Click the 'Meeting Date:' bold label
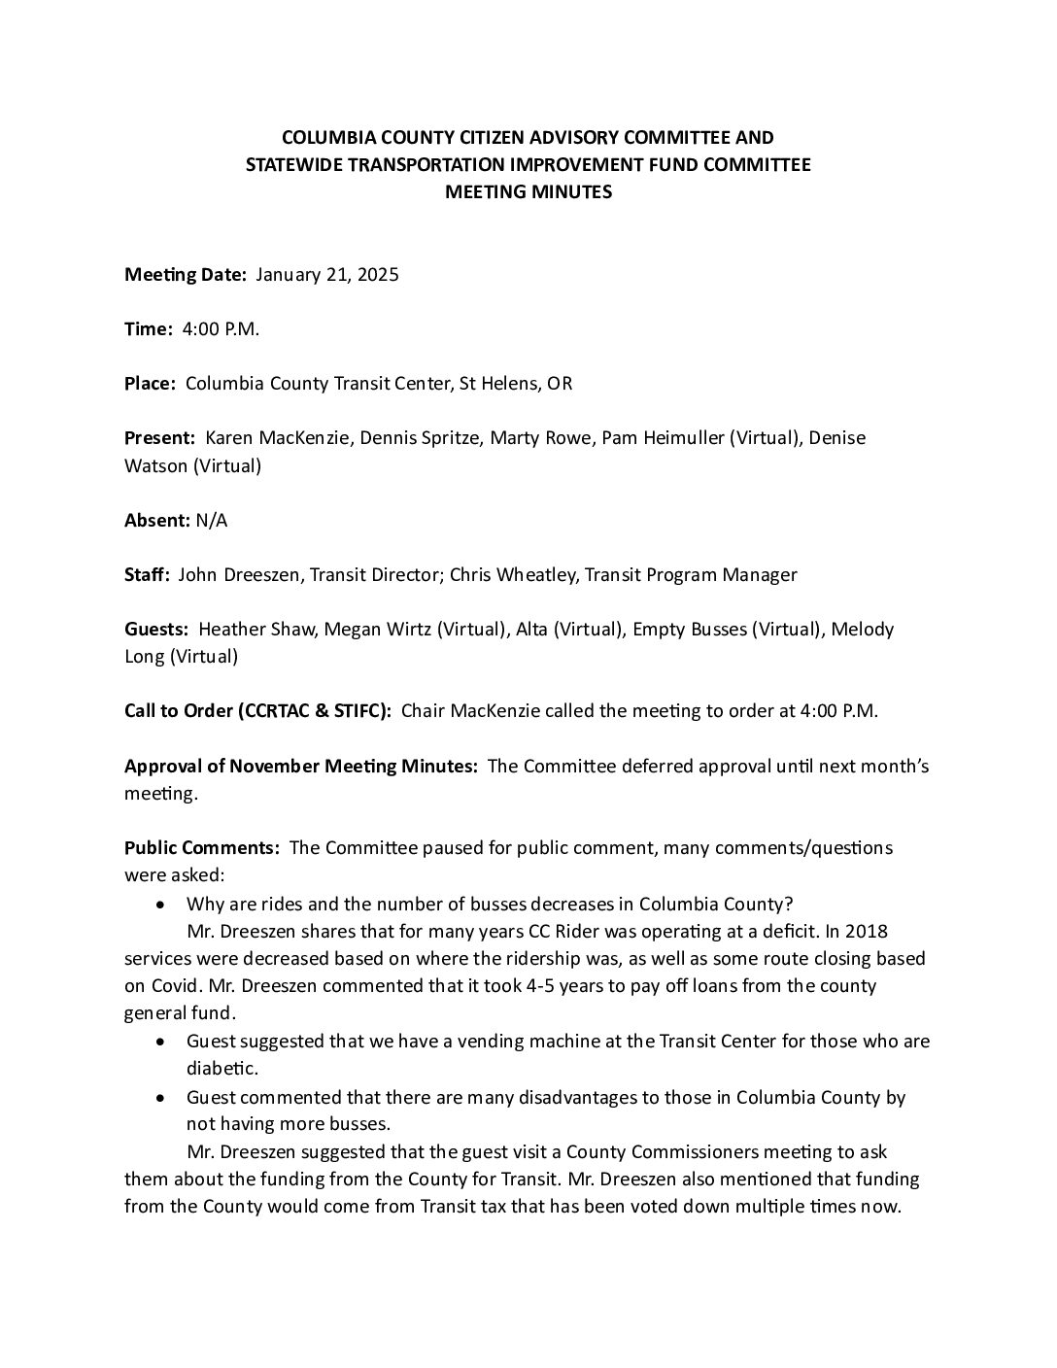point(186,275)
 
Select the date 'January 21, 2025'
point(327,275)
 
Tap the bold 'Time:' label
point(149,329)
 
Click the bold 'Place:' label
point(150,384)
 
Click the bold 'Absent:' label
point(156,521)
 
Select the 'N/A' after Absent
point(212,521)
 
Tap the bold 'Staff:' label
point(147,575)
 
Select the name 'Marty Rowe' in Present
point(540,438)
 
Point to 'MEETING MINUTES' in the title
point(528,192)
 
